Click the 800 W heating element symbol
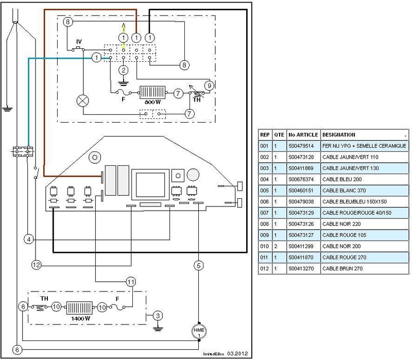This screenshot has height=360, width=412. tap(152, 93)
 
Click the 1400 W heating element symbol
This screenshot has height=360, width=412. tap(79, 307)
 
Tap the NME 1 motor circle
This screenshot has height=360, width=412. tap(199, 331)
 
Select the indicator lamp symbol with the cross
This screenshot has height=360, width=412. tap(82, 101)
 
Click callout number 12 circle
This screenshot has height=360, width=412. tap(36, 265)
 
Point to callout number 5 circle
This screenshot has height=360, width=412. tap(199, 265)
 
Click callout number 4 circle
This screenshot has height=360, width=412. tap(29, 239)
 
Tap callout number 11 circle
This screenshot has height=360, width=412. tap(131, 282)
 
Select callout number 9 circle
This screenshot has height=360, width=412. tap(209, 85)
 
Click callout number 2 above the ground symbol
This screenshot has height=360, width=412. tap(123, 70)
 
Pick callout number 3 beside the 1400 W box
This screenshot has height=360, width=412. tap(158, 316)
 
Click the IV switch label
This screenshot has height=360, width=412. tap(79, 42)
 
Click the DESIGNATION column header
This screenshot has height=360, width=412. tap(339, 135)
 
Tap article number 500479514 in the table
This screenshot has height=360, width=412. tap(301, 146)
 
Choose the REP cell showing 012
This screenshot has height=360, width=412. tap(265, 268)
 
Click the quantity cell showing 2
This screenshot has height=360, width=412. tap(276, 246)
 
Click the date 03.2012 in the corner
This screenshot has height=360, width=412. tap(237, 353)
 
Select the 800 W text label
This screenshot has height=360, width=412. tap(152, 102)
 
